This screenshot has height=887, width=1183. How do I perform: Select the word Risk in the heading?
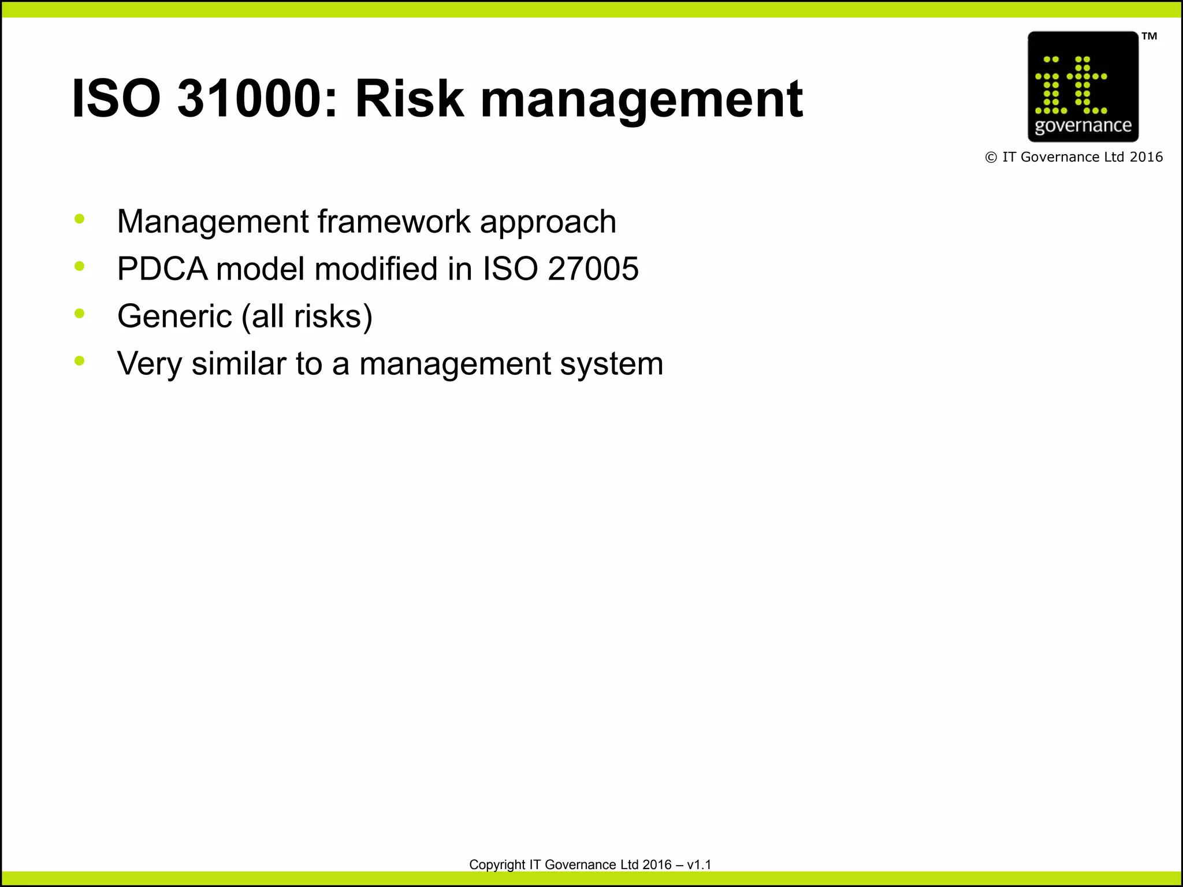(409, 99)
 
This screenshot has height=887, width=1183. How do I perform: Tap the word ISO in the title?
(116, 99)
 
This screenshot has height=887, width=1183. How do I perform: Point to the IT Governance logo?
(1082, 87)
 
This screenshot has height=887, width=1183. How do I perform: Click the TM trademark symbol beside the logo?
(1149, 36)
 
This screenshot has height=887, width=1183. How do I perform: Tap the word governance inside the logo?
(1082, 125)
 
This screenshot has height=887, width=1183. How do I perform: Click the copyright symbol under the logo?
(991, 158)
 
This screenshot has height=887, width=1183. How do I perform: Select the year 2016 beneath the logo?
(1146, 157)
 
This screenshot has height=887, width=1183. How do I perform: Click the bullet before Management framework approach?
(80, 219)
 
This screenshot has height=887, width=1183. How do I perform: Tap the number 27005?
(593, 269)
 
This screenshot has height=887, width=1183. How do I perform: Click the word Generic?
(174, 316)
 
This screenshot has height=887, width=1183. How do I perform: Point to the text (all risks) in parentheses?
(307, 317)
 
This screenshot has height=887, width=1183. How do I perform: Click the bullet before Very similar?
(80, 361)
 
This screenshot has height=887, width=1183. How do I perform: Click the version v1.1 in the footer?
(699, 864)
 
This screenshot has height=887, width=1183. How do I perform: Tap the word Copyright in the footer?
(497, 865)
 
